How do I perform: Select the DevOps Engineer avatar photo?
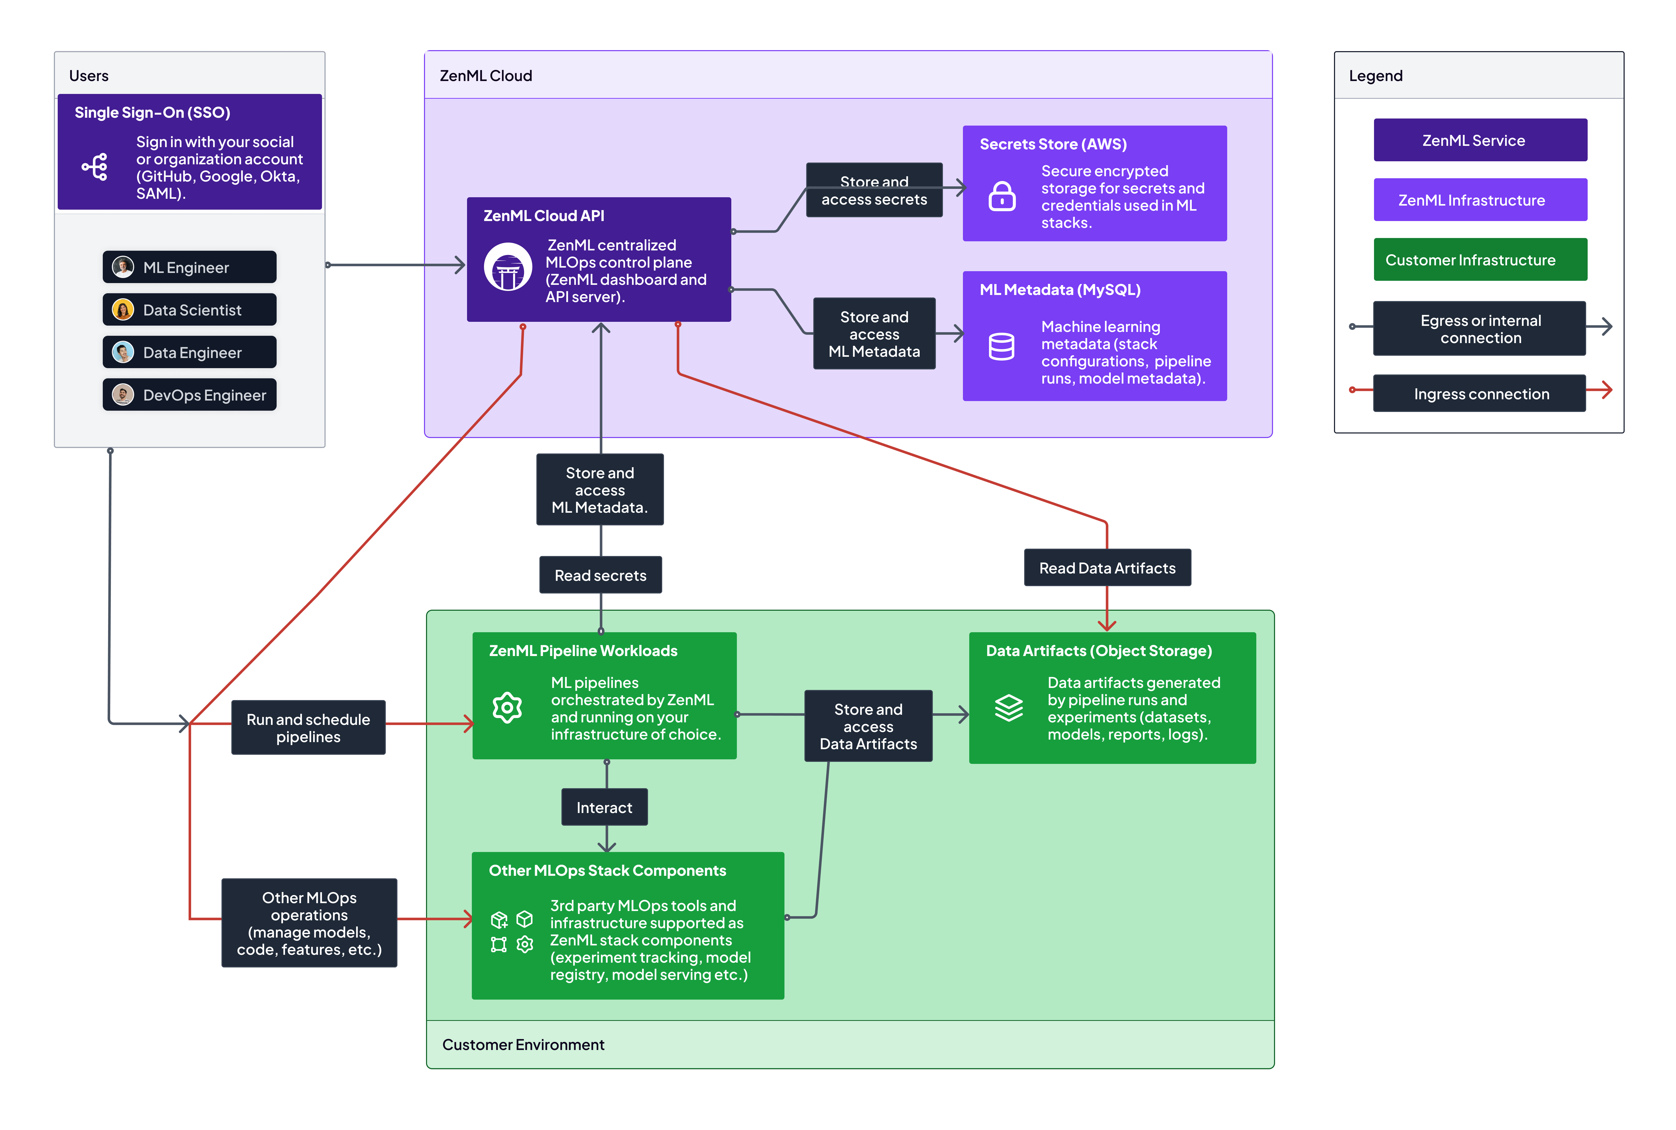(x=123, y=395)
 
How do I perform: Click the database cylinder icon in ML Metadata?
(x=1001, y=347)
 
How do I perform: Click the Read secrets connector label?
(x=600, y=575)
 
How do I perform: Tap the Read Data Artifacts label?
(x=1107, y=568)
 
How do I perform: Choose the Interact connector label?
(x=604, y=807)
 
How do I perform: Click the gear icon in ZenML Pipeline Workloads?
(x=507, y=708)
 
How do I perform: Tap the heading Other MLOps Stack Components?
(x=608, y=870)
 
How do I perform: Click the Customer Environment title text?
(x=523, y=1044)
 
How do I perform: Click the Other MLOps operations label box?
(x=309, y=923)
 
